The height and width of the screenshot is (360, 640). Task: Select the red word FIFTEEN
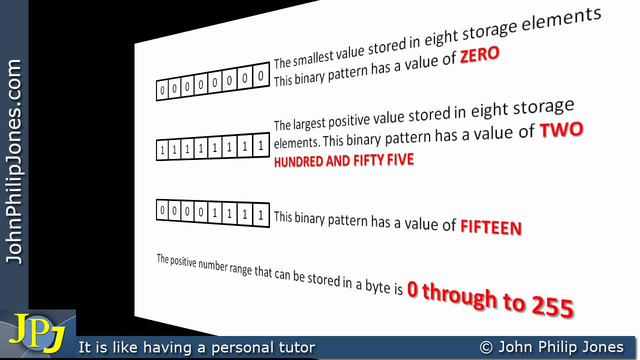pos(490,227)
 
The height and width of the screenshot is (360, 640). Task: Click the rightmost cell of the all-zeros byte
pos(260,77)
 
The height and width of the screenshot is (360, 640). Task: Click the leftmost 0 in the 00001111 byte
pos(162,210)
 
